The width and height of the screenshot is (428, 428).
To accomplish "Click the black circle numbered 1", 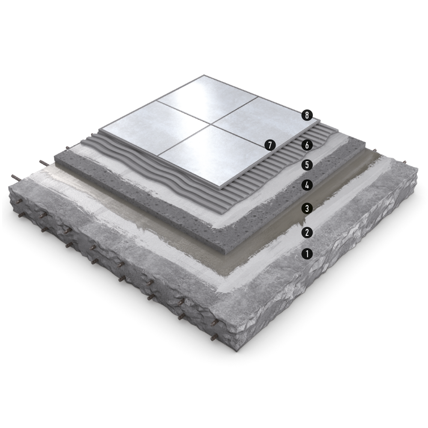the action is pos(307,254).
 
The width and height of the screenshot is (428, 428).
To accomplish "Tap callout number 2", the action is pos(307,232).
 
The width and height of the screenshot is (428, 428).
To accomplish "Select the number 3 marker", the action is pos(307,208).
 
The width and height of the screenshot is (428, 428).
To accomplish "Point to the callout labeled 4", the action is pos(307,185).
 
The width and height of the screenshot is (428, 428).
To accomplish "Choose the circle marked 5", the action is pos(307,165).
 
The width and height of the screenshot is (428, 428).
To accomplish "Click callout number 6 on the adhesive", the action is pos(307,145).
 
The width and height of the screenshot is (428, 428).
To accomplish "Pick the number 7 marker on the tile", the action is pos(270,145).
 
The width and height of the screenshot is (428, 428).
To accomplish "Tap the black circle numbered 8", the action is pos(307,115).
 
